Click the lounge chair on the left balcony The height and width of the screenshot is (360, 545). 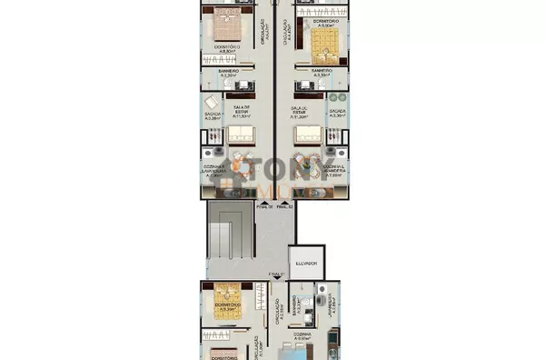(210, 100)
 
